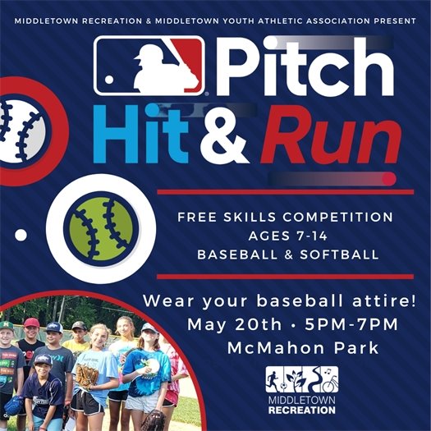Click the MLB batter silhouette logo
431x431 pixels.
click(148, 66)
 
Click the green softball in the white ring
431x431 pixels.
click(102, 228)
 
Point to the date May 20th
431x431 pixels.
click(230, 323)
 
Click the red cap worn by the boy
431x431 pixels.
click(31, 323)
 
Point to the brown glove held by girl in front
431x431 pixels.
click(86, 376)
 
